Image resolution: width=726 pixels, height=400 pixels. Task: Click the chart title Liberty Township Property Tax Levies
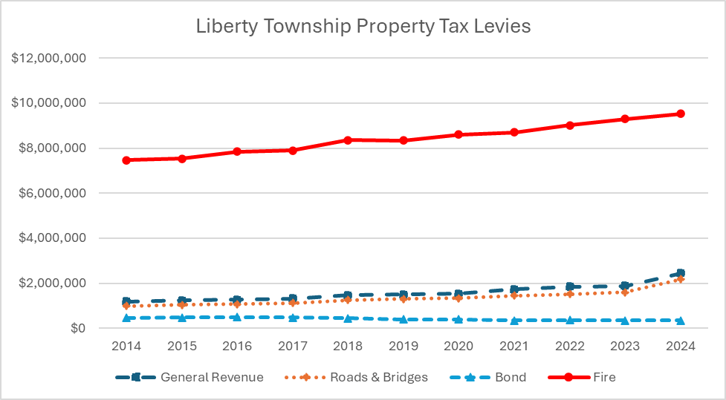[363, 26]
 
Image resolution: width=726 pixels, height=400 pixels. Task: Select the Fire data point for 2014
[126, 160]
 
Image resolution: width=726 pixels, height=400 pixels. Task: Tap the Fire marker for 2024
[680, 114]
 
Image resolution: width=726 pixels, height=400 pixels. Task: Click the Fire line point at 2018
[348, 140]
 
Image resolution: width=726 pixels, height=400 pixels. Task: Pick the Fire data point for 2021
[514, 132]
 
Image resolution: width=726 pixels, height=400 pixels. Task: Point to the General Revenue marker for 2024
[680, 273]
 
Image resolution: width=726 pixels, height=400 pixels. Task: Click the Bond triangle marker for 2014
[126, 318]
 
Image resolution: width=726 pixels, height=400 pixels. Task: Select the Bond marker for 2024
[680, 321]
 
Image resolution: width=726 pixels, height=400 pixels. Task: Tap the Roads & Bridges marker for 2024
[680, 279]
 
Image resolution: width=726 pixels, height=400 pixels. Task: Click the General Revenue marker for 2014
[126, 301]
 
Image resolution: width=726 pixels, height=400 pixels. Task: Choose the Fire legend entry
[586, 377]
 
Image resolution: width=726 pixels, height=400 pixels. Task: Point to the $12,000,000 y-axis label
[48, 58]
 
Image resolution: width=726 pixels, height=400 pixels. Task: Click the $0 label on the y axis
[77, 328]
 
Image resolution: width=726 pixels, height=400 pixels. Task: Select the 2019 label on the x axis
[403, 346]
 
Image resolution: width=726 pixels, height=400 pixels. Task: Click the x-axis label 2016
[237, 346]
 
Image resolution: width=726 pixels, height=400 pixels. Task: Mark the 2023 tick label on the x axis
[624, 346]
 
